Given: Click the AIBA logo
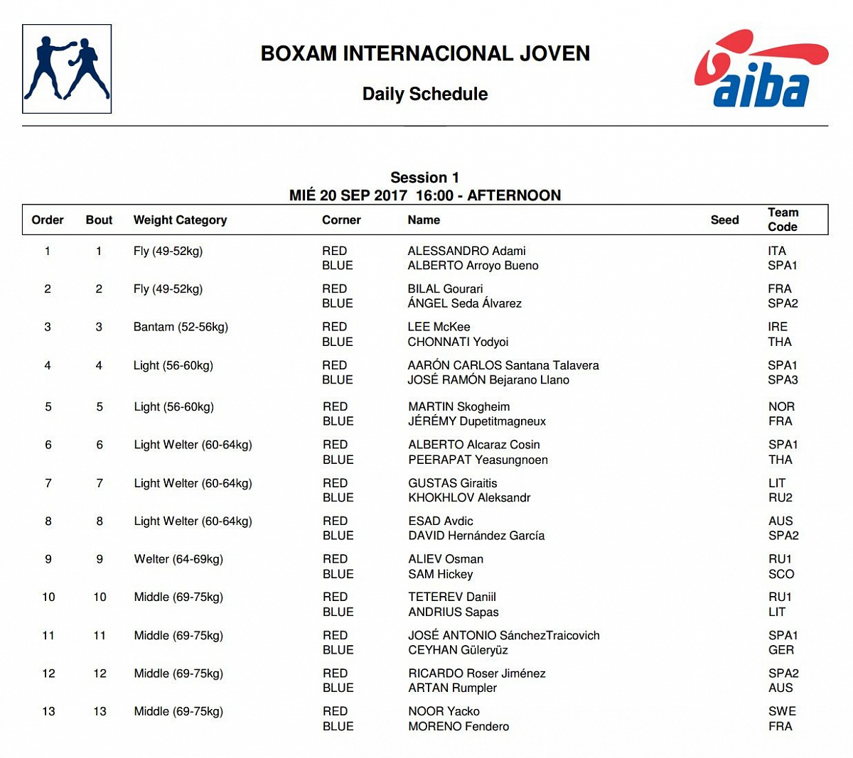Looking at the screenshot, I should (761, 69).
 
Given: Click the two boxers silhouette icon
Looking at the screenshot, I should (67, 69).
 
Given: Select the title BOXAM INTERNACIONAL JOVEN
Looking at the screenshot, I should (425, 53).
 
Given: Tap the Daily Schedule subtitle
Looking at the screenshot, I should (425, 94).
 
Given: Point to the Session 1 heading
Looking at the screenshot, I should (425, 178).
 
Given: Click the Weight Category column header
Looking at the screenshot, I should (180, 220).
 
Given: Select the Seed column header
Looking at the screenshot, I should (724, 220).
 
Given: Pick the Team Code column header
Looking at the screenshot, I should (783, 220).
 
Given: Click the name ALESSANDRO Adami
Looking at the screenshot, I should (466, 251).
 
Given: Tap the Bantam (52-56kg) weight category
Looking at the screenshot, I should (181, 327).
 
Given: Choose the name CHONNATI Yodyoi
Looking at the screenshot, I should (458, 342).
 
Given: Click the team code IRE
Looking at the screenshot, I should (778, 327).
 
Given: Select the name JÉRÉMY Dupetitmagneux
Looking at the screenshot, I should (477, 421).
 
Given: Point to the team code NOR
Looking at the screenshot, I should (781, 406).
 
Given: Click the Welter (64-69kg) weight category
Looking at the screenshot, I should (178, 559).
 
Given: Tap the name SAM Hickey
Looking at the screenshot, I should (440, 574).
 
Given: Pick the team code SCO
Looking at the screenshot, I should (781, 574).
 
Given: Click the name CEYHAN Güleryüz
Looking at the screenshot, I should (458, 650).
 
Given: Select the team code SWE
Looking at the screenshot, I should (782, 711).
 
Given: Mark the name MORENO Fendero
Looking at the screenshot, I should (458, 726).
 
